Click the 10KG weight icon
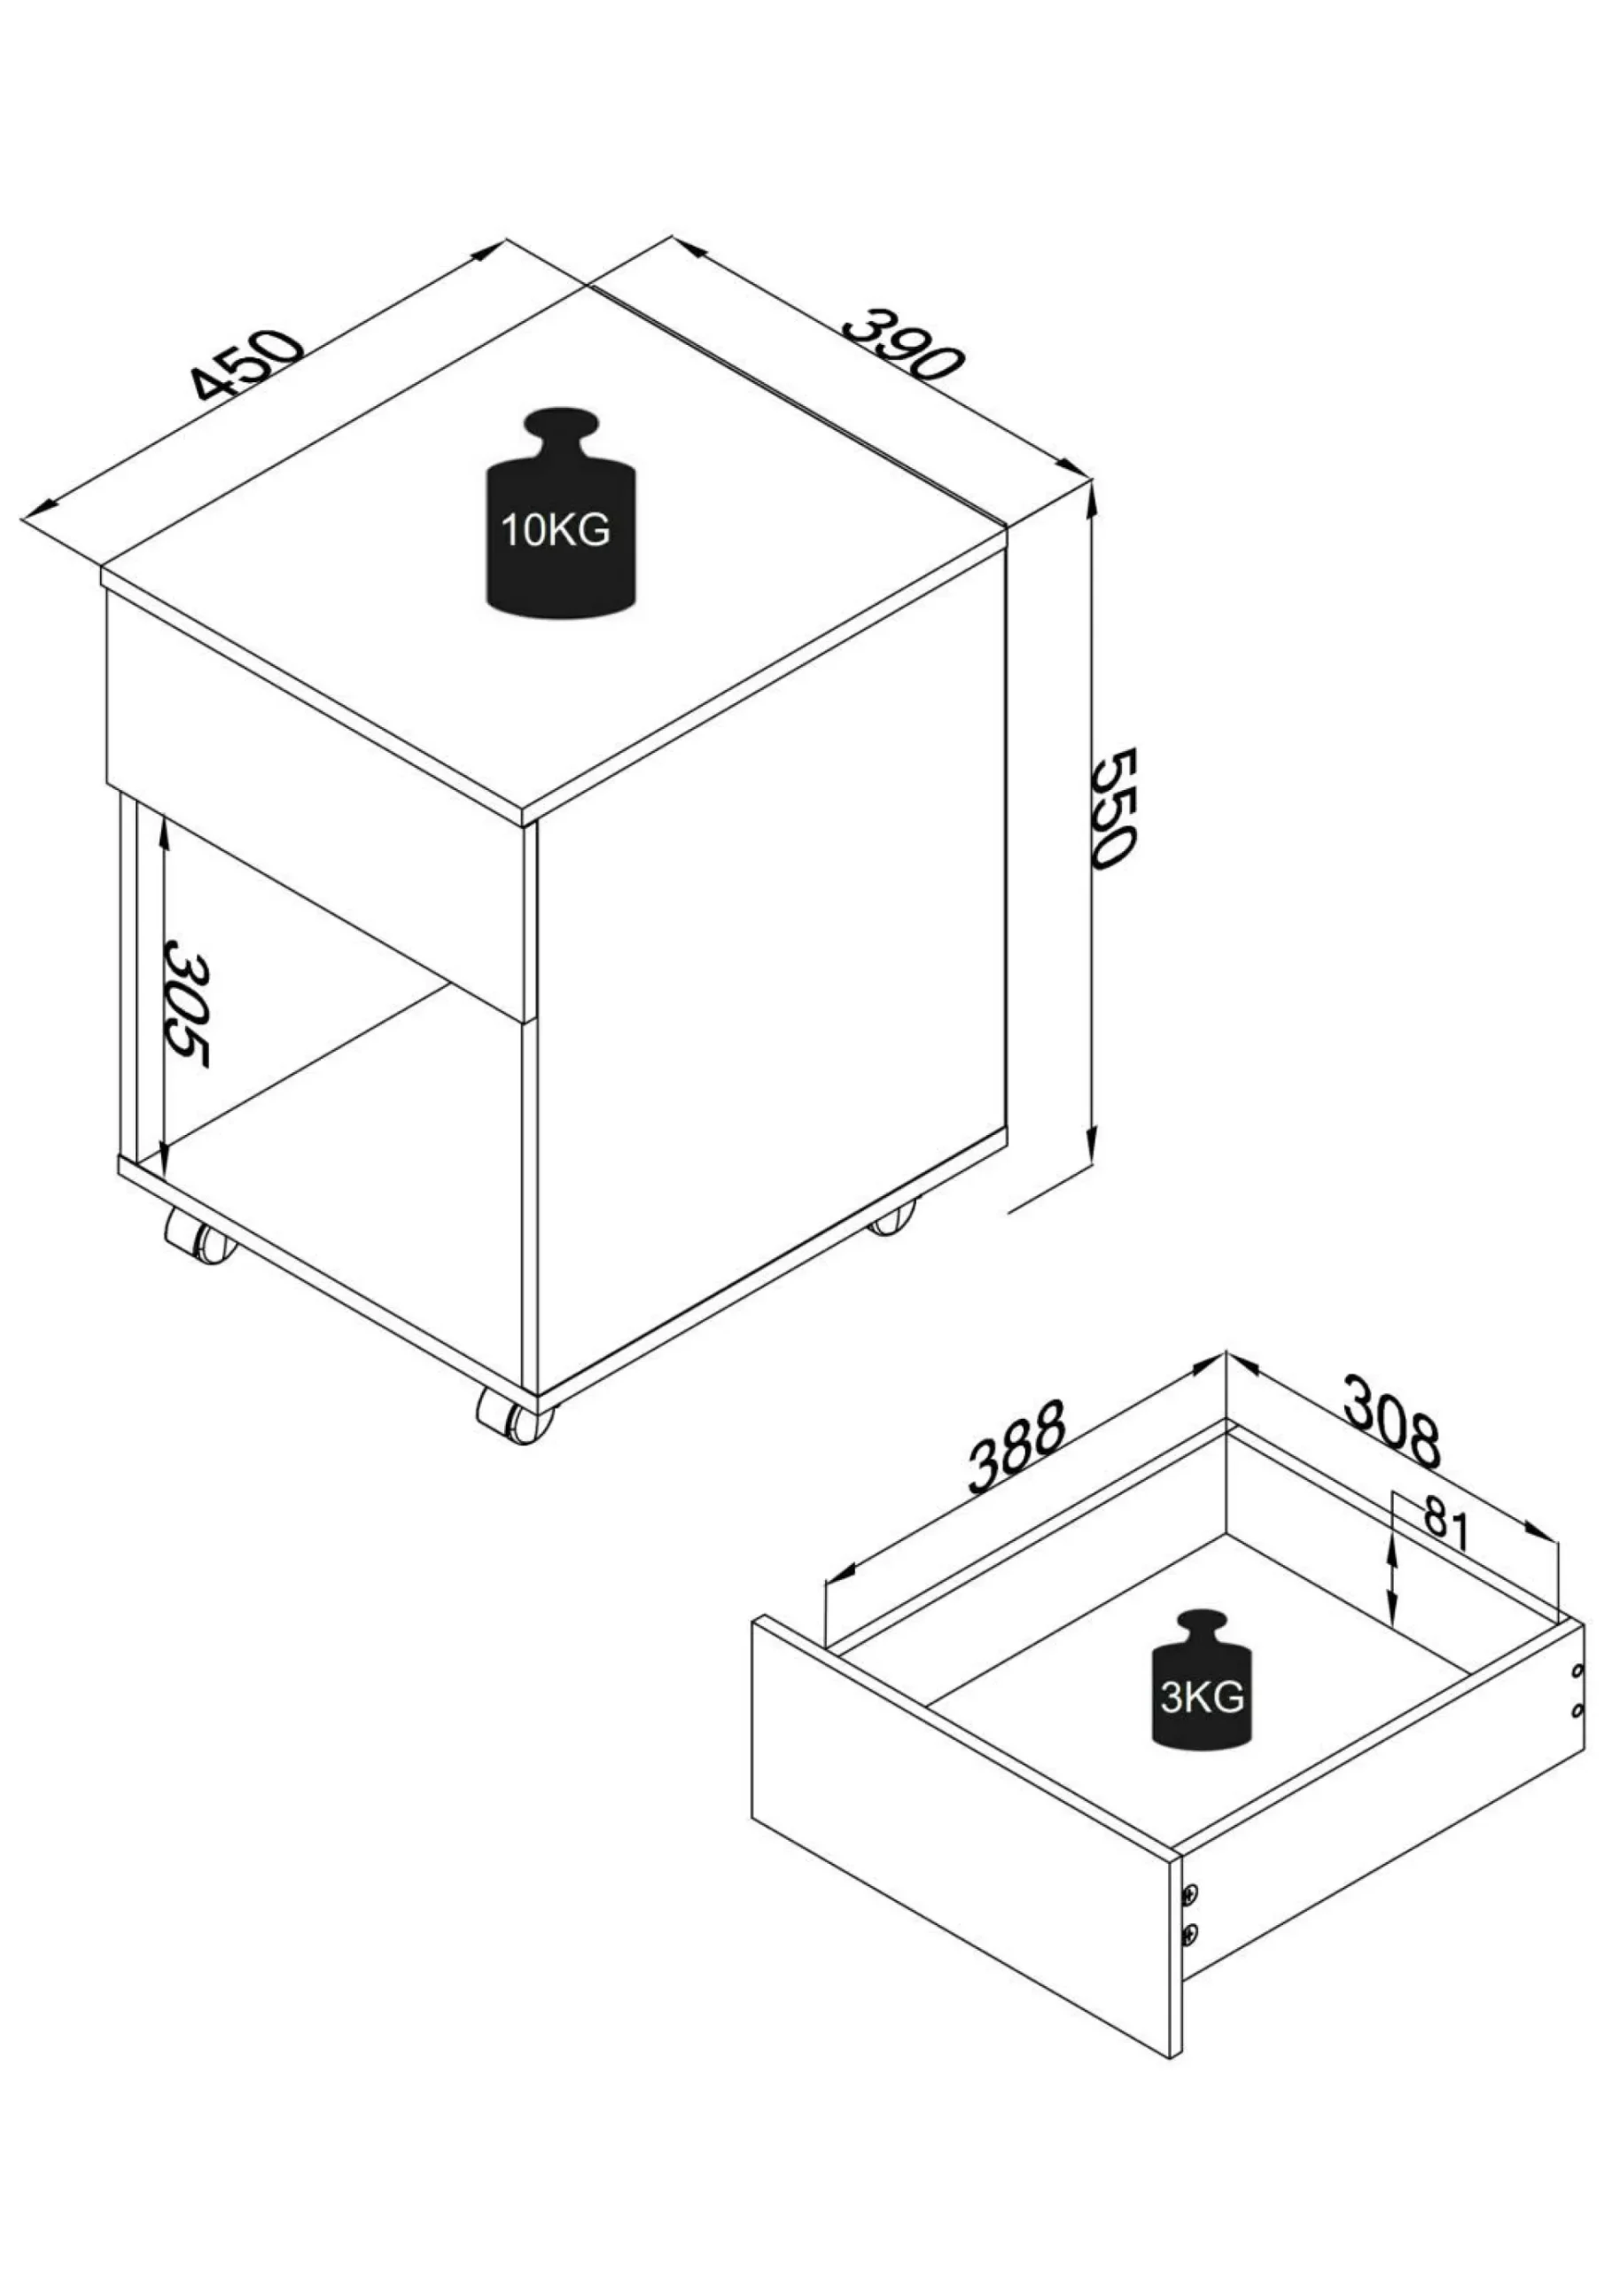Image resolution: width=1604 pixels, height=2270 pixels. pos(559,513)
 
